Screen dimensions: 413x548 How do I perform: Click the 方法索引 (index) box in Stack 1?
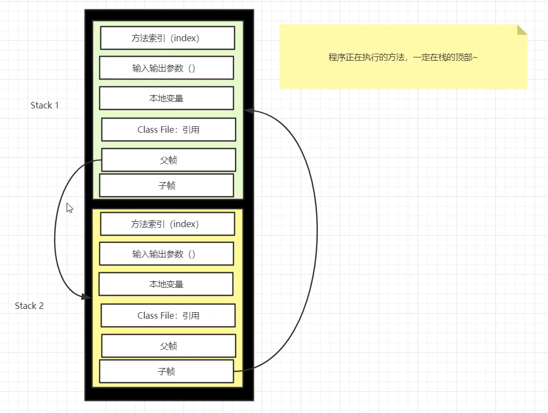167,38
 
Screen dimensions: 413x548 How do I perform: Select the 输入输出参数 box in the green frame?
166,68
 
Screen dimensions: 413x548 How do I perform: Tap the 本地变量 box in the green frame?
166,98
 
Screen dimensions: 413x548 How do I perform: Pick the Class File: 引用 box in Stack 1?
168,130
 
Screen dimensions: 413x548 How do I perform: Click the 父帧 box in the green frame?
168,160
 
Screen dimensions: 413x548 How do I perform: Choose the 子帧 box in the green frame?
166,185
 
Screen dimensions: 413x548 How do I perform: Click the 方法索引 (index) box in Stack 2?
167,224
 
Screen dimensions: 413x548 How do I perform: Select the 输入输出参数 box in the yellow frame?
166,254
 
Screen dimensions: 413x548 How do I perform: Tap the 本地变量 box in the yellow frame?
166,284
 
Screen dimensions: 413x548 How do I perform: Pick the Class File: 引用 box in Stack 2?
168,315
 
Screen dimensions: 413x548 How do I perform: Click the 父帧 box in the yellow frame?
168,346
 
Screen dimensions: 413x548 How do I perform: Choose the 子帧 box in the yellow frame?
166,371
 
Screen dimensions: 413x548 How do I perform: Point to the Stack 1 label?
44,105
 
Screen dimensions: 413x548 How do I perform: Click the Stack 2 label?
29,306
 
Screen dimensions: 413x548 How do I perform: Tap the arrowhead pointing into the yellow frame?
87,297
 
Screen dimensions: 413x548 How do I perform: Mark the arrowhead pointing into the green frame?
249,111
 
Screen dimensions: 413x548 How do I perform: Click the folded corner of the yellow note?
521,29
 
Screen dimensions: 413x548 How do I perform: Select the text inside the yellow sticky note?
403,57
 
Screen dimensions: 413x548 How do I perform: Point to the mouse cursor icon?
69,208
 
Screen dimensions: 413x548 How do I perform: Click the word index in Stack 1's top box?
185,38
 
